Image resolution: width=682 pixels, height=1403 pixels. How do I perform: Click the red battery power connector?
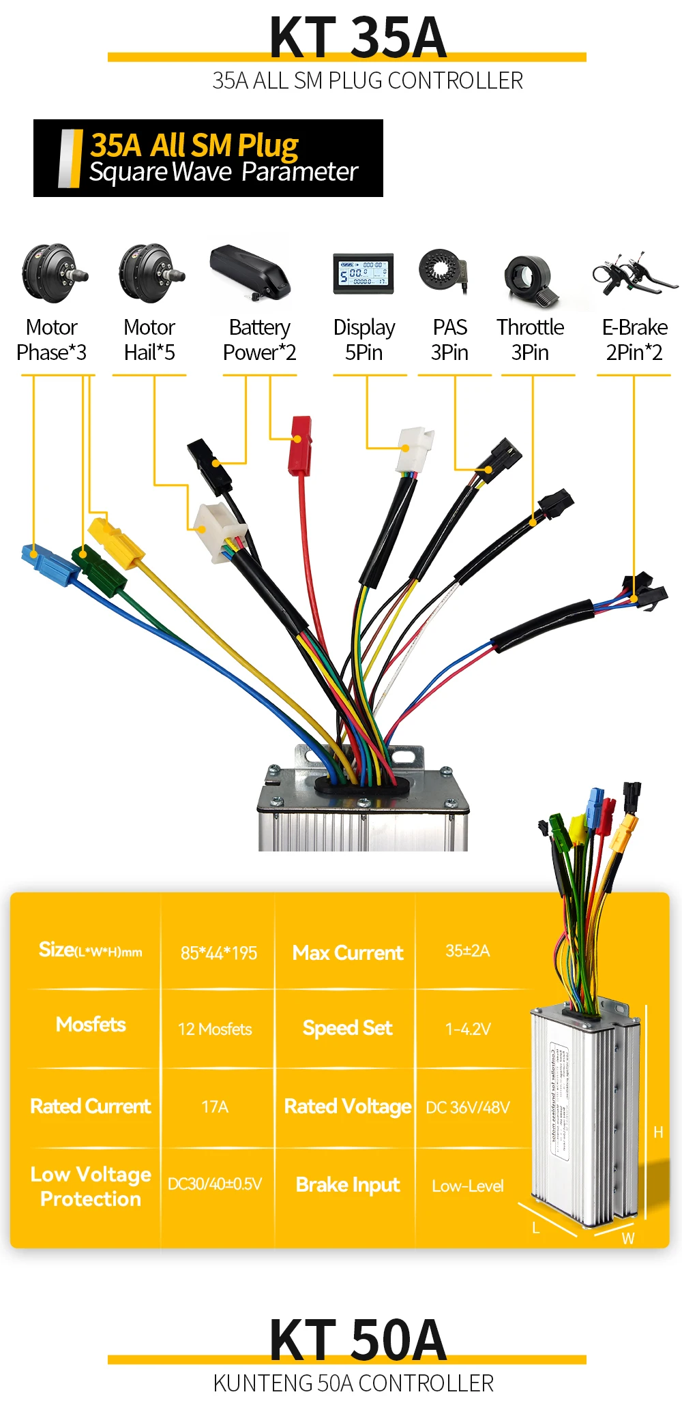pos(299,446)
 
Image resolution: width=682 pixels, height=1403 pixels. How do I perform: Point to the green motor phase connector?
pos(100,571)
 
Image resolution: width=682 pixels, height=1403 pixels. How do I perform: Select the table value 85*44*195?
pos(219,952)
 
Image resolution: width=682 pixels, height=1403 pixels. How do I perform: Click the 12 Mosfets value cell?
pos(215,1029)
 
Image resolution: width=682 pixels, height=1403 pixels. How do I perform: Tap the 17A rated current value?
pos(215,1106)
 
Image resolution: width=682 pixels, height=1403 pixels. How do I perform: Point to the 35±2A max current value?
pos(468,950)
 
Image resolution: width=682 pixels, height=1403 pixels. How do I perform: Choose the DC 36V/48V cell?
pos(468,1107)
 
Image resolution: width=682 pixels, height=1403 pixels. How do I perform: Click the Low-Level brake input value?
pos(468,1186)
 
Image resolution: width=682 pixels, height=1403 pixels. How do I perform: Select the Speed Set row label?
pos(347,1028)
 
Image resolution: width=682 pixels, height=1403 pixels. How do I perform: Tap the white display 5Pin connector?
pos(414,449)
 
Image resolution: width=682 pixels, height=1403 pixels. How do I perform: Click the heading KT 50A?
pos(358,1340)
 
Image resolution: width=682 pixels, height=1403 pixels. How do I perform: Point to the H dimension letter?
pos(658,1132)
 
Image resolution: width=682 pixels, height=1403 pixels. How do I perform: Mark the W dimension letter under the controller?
pos(628,1239)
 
